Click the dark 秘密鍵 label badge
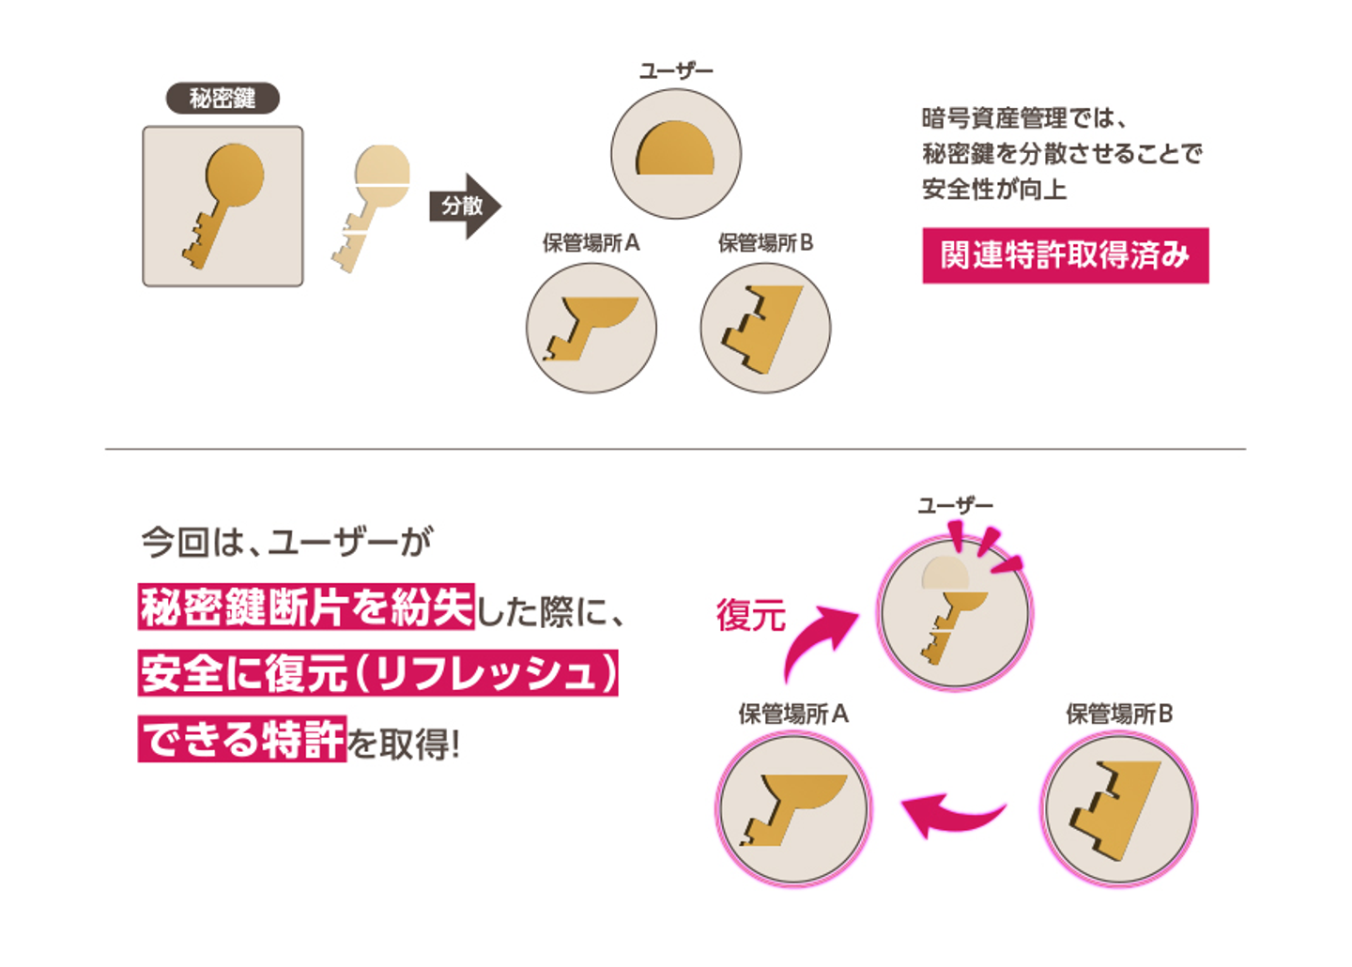[x=223, y=98]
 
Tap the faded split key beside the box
[x=373, y=206]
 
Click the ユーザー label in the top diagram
[x=676, y=71]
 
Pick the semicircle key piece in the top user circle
[x=676, y=150]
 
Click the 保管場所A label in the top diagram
[x=591, y=243]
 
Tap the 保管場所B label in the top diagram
[x=765, y=243]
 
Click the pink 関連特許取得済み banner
[x=1065, y=255]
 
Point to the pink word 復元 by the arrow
[x=750, y=615]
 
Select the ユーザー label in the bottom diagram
[x=955, y=506]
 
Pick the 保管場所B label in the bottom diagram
[x=1119, y=714]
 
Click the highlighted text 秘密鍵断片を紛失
[x=306, y=607]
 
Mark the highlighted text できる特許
[x=242, y=740]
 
